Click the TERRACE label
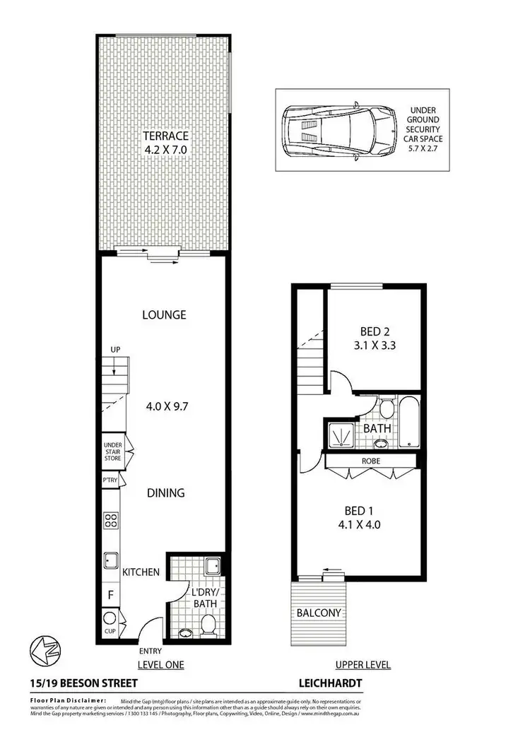[x=165, y=136]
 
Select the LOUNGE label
[x=163, y=314]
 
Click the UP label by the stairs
[x=115, y=350]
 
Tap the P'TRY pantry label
[x=110, y=480]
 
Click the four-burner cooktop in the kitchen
[x=111, y=521]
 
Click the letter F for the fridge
[x=110, y=596]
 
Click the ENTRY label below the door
[x=151, y=651]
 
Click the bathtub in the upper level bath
[x=411, y=423]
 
